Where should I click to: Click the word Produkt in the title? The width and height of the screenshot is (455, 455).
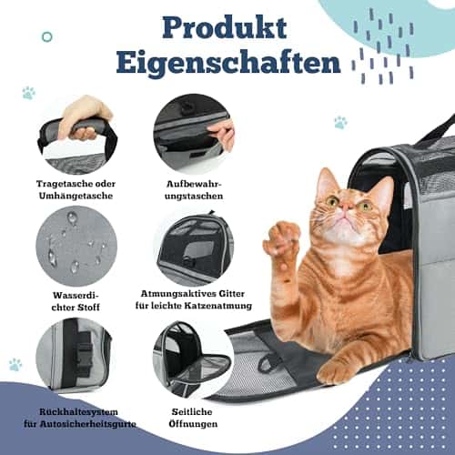(x=225, y=28)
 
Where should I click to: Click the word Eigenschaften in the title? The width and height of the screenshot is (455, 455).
(x=228, y=63)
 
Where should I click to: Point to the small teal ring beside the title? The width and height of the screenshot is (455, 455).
(x=47, y=37)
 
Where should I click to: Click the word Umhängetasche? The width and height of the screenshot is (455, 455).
(x=76, y=196)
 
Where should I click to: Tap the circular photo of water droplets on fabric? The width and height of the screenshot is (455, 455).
(x=76, y=247)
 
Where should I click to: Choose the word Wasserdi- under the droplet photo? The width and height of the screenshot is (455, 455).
(x=76, y=296)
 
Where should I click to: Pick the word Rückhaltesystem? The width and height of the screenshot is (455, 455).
(x=78, y=412)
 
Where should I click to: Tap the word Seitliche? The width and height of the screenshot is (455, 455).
(x=192, y=412)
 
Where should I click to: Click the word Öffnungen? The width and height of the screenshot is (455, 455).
(x=193, y=424)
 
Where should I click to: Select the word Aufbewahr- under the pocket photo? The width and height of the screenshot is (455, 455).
(x=194, y=184)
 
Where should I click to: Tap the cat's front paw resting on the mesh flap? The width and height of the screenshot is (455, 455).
(x=337, y=370)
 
